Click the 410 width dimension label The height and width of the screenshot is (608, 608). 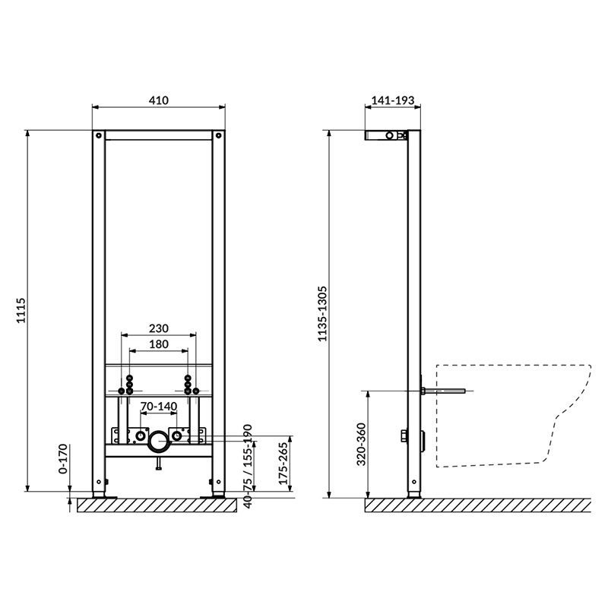[x=159, y=100]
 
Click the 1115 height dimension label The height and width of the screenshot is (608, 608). [x=21, y=310]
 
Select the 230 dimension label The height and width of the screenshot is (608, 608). [x=159, y=328]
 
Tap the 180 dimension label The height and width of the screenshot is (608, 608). [x=159, y=344]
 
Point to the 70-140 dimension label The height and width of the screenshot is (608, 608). [x=159, y=406]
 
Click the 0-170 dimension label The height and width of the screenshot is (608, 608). [x=63, y=459]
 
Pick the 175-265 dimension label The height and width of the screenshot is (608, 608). [x=283, y=464]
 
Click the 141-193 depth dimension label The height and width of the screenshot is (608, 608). [x=393, y=100]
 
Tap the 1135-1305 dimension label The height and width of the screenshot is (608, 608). [x=322, y=314]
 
